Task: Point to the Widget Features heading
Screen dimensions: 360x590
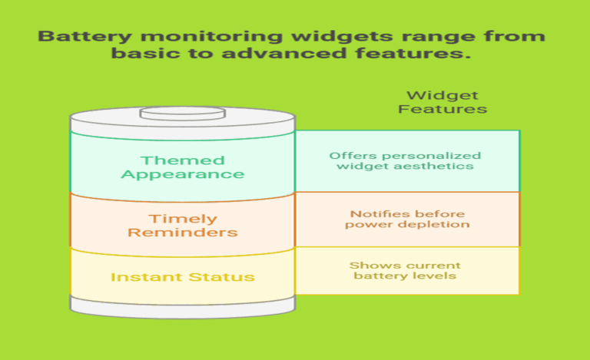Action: (442, 102)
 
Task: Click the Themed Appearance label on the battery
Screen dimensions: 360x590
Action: (182, 167)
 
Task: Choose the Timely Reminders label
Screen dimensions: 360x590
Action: (182, 225)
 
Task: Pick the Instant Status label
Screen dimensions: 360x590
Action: (182, 276)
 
